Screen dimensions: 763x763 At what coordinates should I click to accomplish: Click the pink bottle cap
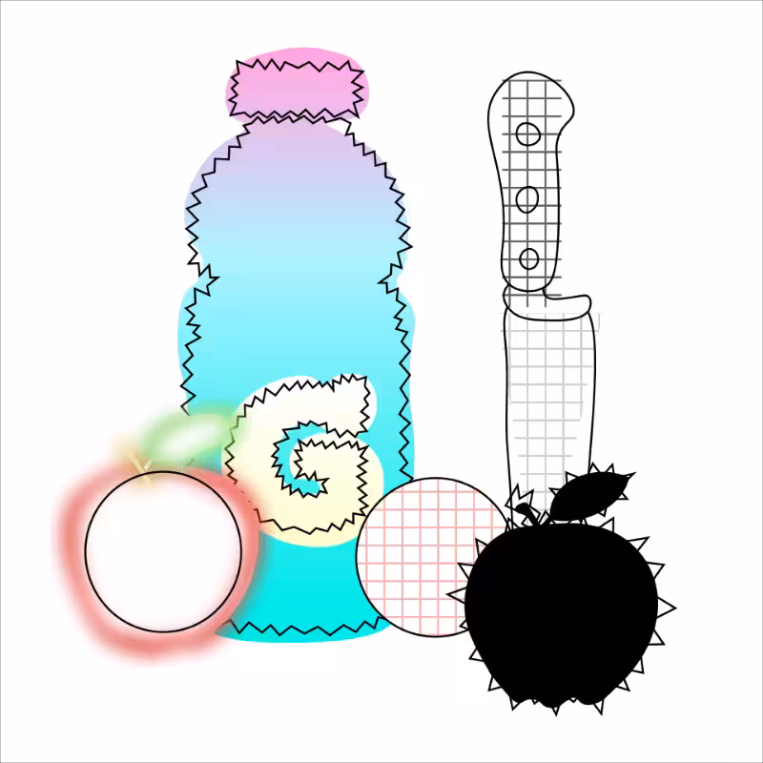297,87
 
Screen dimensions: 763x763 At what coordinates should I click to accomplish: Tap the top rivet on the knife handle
528,134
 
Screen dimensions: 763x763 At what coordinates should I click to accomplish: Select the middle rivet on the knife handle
527,199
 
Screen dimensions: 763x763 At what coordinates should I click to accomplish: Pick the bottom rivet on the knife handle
529,258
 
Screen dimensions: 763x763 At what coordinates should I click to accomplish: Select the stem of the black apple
529,515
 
